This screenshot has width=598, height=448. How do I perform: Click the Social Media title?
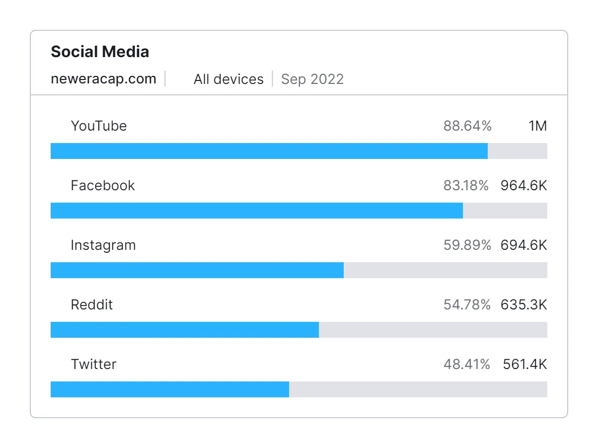[100, 52]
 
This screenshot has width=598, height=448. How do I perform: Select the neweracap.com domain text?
[103, 79]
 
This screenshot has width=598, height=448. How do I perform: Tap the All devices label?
[228, 79]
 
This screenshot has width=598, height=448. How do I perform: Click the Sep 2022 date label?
[312, 79]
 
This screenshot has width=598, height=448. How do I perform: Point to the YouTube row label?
[99, 126]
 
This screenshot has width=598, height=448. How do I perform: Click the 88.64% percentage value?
[467, 126]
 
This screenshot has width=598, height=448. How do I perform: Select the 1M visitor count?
[538, 126]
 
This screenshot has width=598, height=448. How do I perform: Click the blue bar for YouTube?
[269, 151]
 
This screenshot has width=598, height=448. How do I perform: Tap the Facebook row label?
[103, 186]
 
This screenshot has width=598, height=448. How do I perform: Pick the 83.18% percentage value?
[466, 186]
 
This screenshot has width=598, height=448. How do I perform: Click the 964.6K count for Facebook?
[523, 186]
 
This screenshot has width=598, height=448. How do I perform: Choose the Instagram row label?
[103, 245]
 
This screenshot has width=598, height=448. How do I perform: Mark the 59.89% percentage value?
[467, 245]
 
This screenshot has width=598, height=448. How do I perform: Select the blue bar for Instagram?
[197, 270]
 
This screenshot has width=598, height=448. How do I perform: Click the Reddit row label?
[92, 305]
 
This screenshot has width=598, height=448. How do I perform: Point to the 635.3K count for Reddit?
[523, 305]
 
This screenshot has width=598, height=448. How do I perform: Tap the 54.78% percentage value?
[467, 305]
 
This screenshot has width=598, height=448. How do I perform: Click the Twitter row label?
[93, 365]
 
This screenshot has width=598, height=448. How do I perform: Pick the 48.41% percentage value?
[466, 365]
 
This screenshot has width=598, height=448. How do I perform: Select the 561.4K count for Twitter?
[524, 365]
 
